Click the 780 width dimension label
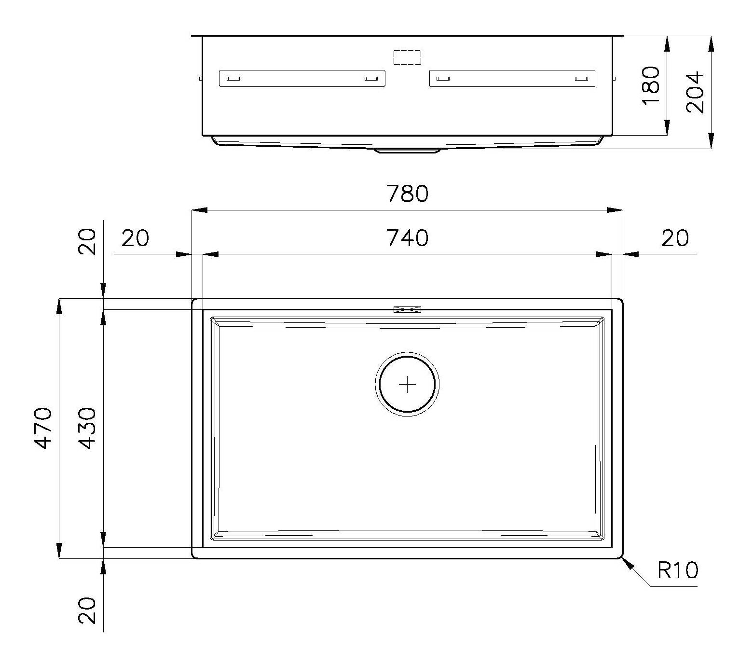coord(407,194)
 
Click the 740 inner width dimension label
coord(407,238)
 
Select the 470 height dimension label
coord(44,428)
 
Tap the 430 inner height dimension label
coord(87,428)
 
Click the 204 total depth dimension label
coord(695,92)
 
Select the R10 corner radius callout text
coord(677,571)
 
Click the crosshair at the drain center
coord(408,385)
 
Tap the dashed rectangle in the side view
coord(407,57)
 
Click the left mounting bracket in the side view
coord(302,79)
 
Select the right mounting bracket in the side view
coord(512,79)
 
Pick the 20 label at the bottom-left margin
coord(87,611)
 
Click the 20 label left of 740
coord(135,238)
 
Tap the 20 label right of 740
coord(674,238)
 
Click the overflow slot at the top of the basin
coord(408,309)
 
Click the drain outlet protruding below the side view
coord(408,151)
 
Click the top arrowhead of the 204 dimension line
coord(711,44)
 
